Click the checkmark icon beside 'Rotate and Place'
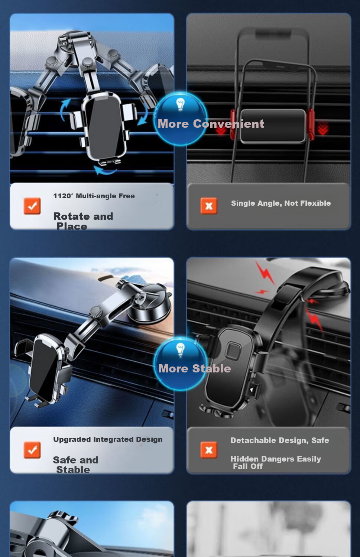[32, 206]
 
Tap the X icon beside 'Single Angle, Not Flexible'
[209, 206]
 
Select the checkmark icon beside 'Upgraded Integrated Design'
[32, 450]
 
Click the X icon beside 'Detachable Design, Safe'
[209, 450]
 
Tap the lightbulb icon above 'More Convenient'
[180, 104]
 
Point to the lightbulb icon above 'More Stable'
[180, 349]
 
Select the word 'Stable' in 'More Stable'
[212, 368]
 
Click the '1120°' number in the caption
[64, 196]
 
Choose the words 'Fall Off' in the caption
[248, 466]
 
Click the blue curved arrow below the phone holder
[105, 170]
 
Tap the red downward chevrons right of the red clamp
[323, 128]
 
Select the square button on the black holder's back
[233, 351]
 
